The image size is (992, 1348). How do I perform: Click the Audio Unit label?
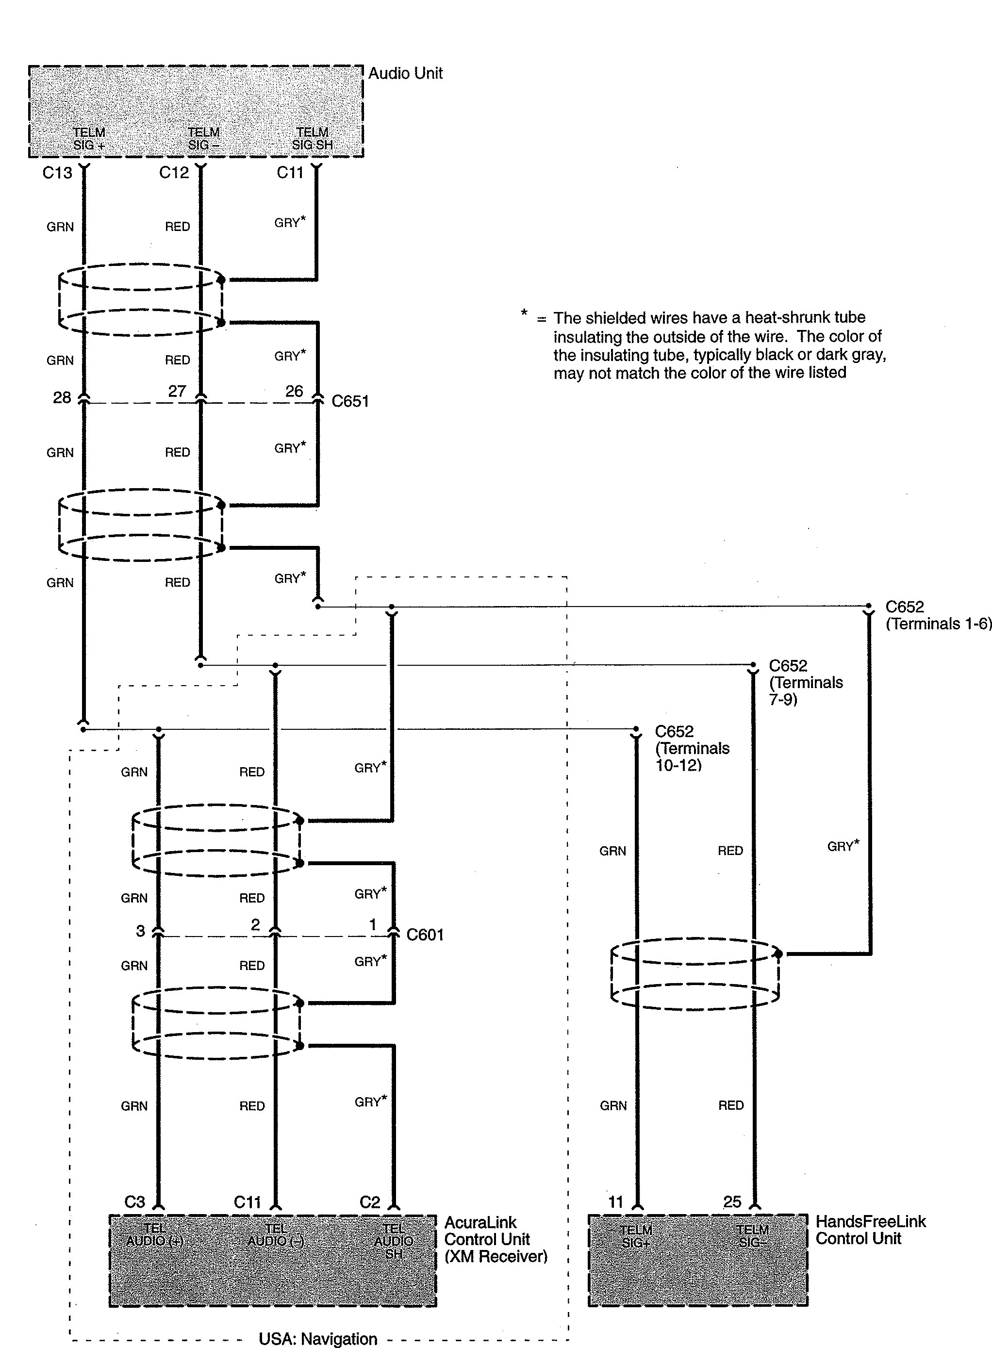[x=405, y=74]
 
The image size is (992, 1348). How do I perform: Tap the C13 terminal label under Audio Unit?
[x=57, y=173]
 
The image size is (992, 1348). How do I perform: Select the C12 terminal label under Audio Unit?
[x=174, y=173]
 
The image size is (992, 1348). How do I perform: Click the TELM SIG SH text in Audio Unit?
[x=312, y=139]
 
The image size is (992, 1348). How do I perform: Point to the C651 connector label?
[x=350, y=401]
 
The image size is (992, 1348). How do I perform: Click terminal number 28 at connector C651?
[x=62, y=397]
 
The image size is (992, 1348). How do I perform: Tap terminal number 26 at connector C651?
[x=294, y=392]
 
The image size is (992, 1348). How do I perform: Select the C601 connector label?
[x=425, y=935]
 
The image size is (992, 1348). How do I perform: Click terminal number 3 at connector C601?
[x=140, y=931]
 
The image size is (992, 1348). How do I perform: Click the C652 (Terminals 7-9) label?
[x=805, y=682]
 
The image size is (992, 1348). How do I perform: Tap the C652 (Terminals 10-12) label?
[x=692, y=748]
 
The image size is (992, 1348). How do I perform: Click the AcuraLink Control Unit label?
[x=496, y=1239]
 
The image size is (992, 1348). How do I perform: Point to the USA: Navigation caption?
[x=318, y=1338]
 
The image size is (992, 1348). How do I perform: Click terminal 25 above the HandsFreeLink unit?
[x=732, y=1201]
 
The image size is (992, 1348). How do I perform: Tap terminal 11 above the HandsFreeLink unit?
[x=615, y=1201]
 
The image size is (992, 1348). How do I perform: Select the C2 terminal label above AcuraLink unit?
[x=370, y=1201]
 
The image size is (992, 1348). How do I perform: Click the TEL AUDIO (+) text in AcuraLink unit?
[x=154, y=1234]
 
